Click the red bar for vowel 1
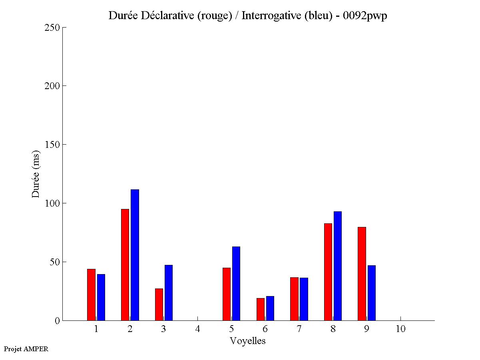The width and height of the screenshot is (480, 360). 91,294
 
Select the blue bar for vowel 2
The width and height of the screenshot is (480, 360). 135,255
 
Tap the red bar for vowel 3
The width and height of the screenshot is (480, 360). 159,304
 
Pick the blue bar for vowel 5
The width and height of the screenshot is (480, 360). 236,283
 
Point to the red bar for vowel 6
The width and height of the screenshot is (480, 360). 260,309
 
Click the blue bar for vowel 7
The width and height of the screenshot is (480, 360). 304,299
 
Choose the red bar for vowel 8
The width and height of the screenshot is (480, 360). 328,272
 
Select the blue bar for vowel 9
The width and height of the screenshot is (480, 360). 371,293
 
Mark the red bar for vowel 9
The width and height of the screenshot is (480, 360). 362,274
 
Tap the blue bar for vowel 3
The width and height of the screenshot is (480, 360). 169,292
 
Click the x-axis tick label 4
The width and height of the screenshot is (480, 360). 197,329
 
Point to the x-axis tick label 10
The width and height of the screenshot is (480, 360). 400,329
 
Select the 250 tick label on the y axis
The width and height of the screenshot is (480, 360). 52,28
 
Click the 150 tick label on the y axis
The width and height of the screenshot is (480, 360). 52,145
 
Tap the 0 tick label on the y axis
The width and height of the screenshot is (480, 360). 57,320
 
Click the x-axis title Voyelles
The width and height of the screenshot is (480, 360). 248,341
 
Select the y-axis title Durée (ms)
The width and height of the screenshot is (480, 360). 36,174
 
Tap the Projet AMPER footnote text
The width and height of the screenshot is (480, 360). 26,349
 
